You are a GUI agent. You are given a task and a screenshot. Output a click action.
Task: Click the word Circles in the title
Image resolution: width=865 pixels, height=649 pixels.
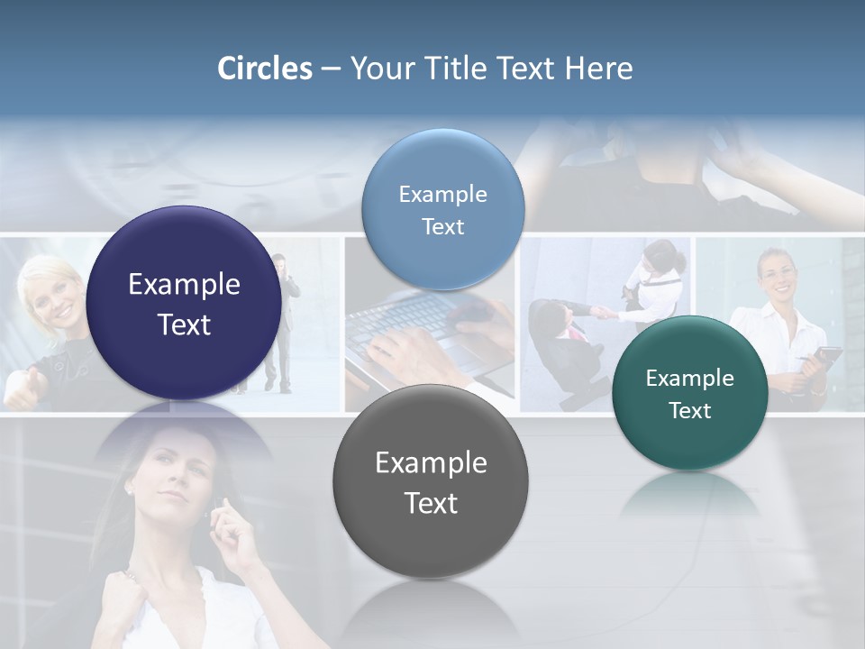[265, 69]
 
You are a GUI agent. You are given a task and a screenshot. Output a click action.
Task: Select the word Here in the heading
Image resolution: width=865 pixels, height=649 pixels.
[599, 69]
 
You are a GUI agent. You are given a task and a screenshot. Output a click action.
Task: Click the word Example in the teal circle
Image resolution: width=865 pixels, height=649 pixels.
[690, 379]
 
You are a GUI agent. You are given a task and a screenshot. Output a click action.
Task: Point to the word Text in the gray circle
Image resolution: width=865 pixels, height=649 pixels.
[431, 503]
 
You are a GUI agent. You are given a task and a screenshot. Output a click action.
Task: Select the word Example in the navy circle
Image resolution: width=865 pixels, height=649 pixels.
[184, 285]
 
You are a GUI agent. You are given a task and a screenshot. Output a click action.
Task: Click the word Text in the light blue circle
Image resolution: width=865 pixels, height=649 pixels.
[442, 227]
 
